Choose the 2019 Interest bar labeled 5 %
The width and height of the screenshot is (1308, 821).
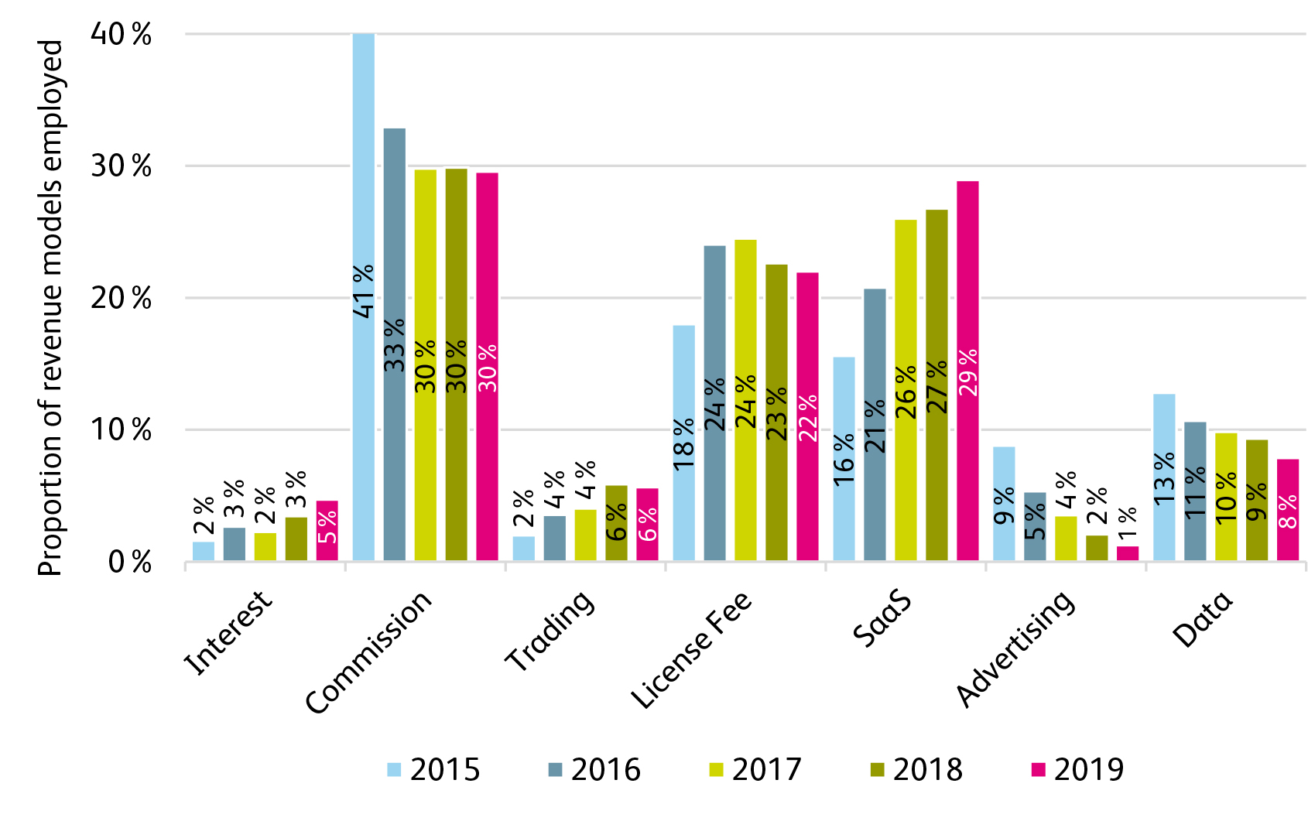pyautogui.click(x=327, y=530)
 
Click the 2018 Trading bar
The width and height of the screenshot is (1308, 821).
pyautogui.click(x=616, y=523)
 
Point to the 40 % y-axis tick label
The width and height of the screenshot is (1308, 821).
pyautogui.click(x=121, y=35)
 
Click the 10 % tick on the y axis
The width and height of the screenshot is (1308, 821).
pyautogui.click(x=121, y=430)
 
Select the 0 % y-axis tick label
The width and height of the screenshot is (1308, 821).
pyautogui.click(x=129, y=563)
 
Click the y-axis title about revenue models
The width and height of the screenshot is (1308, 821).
pyautogui.click(x=50, y=308)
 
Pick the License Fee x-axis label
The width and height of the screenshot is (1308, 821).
pyautogui.click(x=691, y=650)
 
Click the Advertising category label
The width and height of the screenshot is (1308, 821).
pyautogui.click(x=1015, y=648)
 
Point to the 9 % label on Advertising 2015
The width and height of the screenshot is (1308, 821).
pyautogui.click(x=1004, y=507)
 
